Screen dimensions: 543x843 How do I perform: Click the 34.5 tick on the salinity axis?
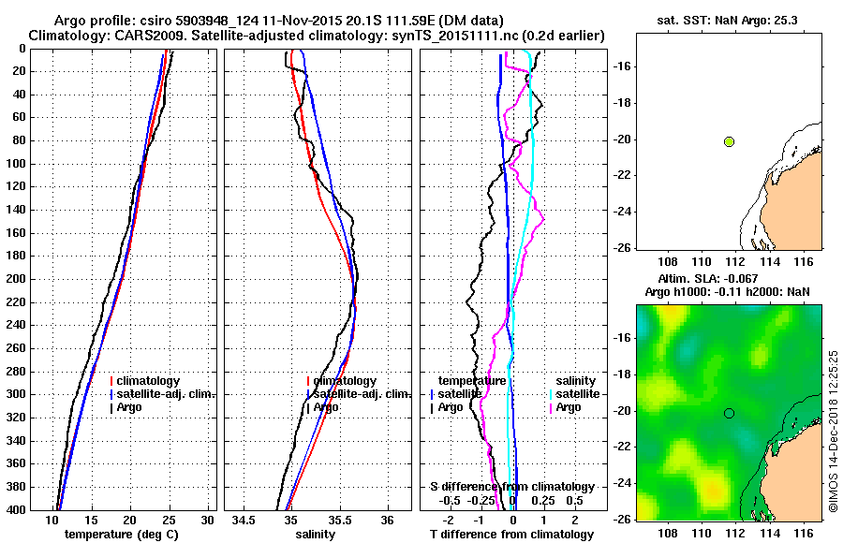245,520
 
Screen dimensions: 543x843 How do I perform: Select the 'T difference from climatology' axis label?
511,535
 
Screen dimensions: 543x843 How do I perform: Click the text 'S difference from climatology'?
511,487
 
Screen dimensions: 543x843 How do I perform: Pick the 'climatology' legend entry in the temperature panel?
150,381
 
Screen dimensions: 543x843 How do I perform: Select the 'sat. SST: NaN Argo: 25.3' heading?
729,20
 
